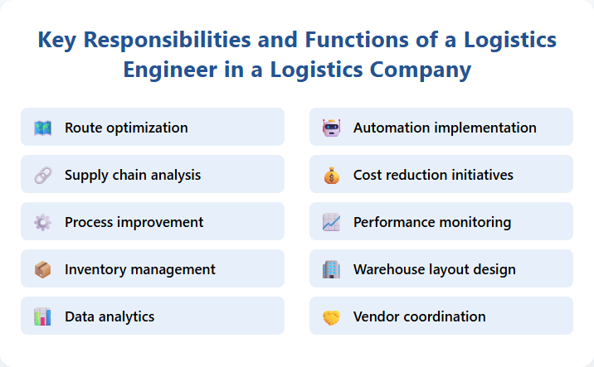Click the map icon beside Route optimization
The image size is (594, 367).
click(x=43, y=128)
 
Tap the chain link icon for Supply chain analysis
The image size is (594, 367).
click(x=43, y=175)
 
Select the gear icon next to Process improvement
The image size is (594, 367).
click(x=43, y=222)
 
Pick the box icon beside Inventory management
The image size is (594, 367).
click(x=43, y=269)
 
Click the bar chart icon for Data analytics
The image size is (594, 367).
click(x=43, y=316)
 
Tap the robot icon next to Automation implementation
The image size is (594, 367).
click(x=332, y=128)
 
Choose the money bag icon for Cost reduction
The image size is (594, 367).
click(x=332, y=175)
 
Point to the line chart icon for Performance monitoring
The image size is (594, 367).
click(x=332, y=222)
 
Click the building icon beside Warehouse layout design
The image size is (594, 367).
click(x=332, y=269)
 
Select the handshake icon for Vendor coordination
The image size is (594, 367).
click(x=332, y=316)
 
